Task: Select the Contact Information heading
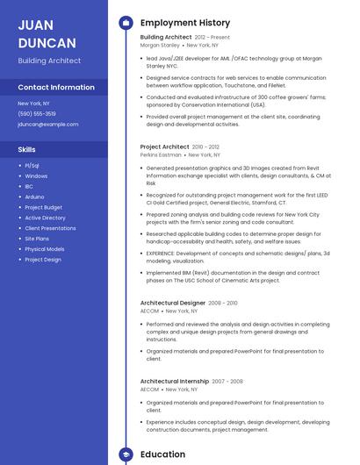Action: click(x=56, y=88)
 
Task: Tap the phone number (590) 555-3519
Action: click(x=37, y=114)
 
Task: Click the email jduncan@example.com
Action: click(x=47, y=125)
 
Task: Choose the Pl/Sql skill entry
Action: click(x=32, y=165)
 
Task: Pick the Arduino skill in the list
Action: click(x=34, y=197)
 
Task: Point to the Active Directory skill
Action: click(x=45, y=218)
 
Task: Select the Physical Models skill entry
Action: click(x=45, y=249)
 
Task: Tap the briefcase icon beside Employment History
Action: click(x=126, y=23)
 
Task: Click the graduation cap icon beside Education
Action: click(x=126, y=454)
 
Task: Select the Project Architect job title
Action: click(x=164, y=147)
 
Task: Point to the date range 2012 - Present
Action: click(x=212, y=38)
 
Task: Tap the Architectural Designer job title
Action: click(x=172, y=303)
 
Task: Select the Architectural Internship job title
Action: click(x=174, y=382)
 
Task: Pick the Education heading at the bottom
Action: click(x=162, y=454)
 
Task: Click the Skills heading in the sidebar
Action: click(x=26, y=149)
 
